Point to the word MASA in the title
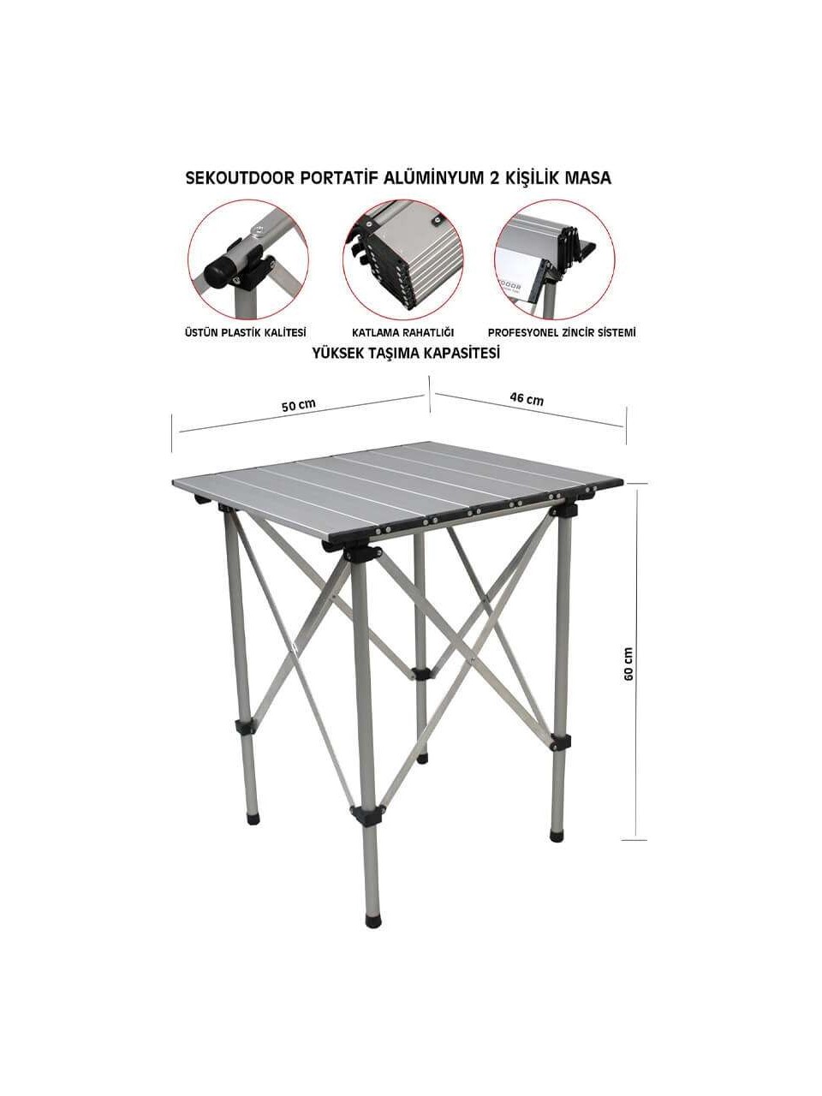(588, 178)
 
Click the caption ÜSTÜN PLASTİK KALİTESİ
(246, 332)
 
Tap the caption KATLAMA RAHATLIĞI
(402, 332)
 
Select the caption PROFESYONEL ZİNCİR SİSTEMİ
(562, 332)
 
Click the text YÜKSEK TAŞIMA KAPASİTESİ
(406, 354)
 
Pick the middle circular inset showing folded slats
(402, 259)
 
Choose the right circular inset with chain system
(555, 259)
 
